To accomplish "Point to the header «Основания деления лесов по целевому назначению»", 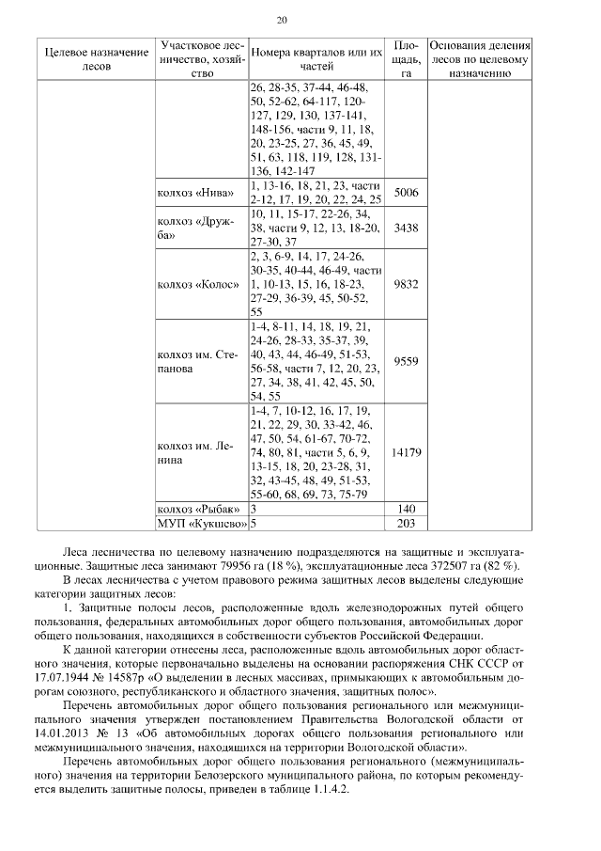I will tap(480, 58).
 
